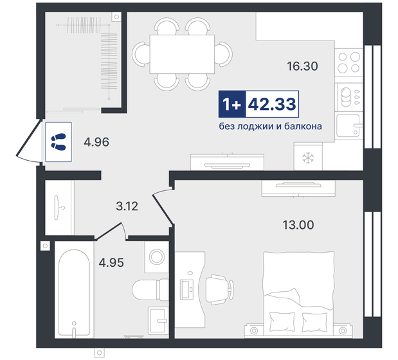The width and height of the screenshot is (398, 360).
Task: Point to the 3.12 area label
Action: tap(127, 206)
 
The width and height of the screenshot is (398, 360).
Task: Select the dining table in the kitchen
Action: tap(182, 54)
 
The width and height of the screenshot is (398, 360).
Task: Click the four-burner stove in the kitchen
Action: tap(348, 61)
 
